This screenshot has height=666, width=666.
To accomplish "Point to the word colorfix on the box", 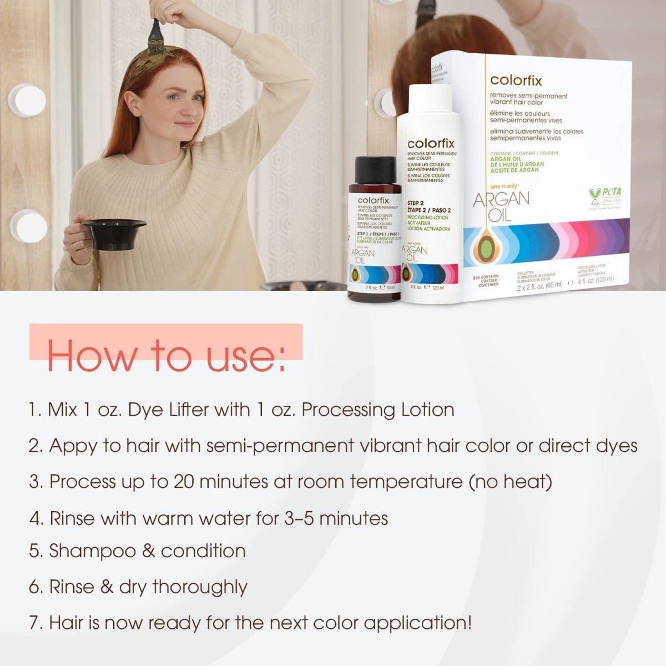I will [x=516, y=81].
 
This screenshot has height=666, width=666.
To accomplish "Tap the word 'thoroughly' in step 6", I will [x=200, y=587].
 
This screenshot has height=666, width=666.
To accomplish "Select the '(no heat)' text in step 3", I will [x=511, y=481].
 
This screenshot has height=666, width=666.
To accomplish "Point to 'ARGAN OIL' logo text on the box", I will [x=501, y=205].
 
